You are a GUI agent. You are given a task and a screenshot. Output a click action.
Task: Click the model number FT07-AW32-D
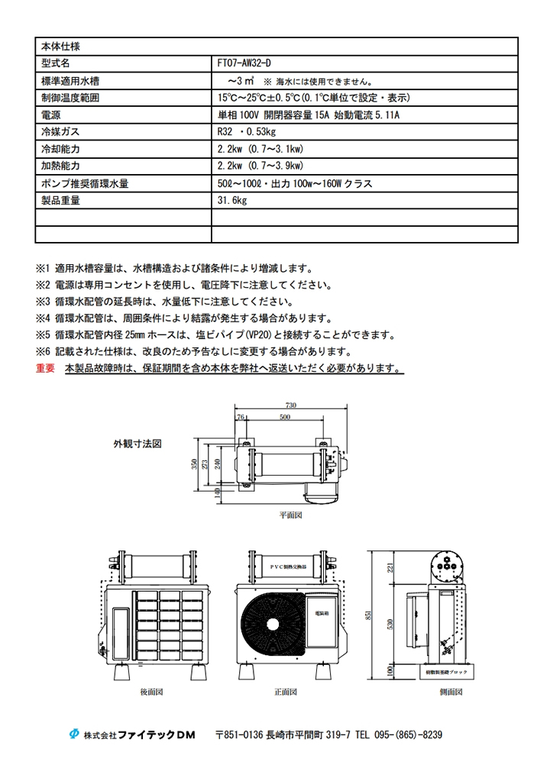[x=245, y=63]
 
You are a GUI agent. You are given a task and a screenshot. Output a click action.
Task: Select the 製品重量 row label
[x=61, y=200]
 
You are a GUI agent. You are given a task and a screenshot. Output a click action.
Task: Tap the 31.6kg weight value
[x=233, y=200]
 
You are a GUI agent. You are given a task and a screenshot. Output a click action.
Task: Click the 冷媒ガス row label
[x=60, y=131]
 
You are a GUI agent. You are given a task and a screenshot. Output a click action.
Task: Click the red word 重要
[x=45, y=368]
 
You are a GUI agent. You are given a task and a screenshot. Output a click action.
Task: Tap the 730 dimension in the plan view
[x=290, y=405]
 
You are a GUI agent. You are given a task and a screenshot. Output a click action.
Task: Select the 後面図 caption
[x=150, y=692]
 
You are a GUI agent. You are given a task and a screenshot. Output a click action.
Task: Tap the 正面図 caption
[x=286, y=692]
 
